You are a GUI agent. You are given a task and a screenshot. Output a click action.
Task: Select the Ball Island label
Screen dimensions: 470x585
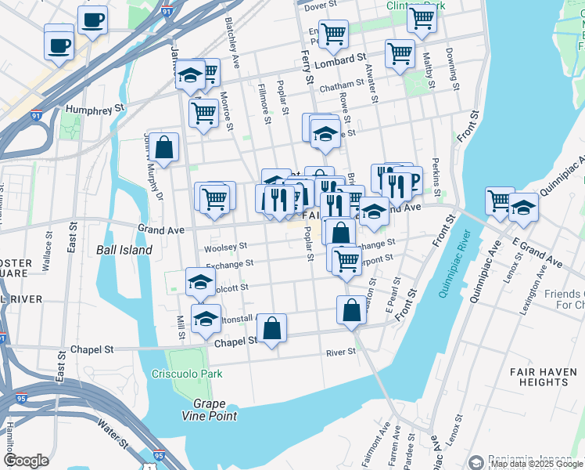124,250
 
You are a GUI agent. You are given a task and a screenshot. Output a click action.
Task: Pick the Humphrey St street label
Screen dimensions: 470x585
95,109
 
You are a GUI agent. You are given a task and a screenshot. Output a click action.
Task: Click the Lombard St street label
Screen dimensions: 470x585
344,58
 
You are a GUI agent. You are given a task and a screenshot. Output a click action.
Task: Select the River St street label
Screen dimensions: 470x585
341,352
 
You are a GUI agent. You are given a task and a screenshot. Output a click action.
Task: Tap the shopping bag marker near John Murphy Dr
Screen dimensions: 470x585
164,146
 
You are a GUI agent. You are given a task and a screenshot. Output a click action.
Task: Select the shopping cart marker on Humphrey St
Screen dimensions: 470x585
203,112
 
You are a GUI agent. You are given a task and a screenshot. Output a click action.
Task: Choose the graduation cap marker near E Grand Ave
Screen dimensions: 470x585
523,208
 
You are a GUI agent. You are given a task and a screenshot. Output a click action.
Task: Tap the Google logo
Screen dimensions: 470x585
26,461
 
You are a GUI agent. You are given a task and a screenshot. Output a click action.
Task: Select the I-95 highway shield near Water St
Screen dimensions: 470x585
159,455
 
